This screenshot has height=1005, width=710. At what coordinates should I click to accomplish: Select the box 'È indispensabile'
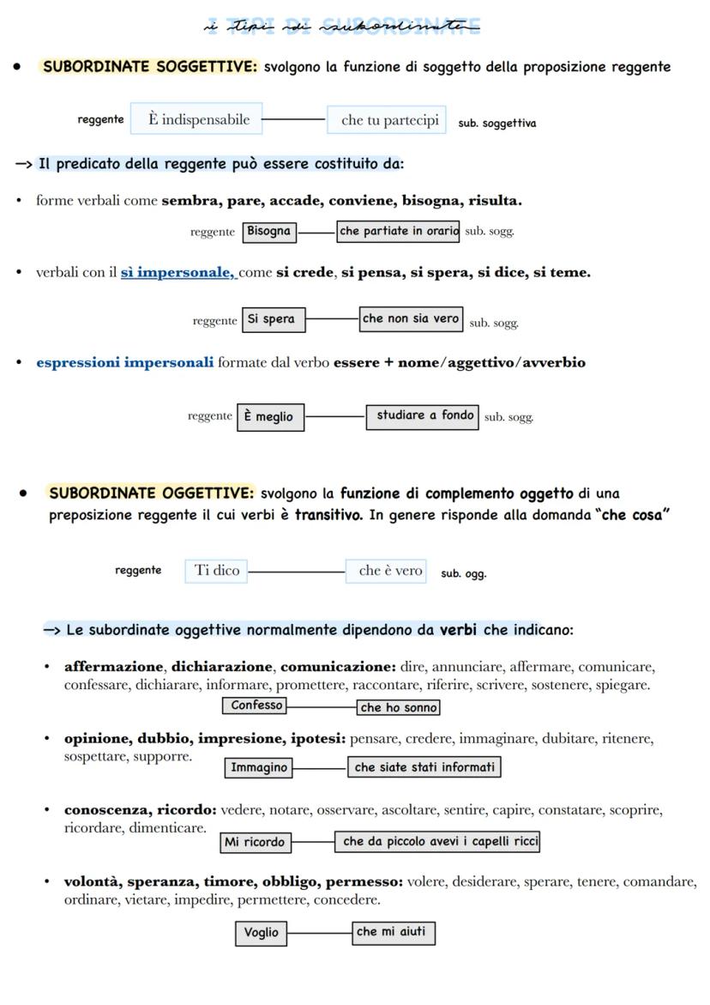(x=197, y=119)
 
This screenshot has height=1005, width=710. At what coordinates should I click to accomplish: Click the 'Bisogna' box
(x=269, y=232)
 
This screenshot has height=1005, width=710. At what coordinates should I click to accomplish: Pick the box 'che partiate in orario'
(x=398, y=232)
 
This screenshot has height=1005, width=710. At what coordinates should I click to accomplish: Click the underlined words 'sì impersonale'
(x=177, y=273)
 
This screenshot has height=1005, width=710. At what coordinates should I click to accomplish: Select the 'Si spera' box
(x=273, y=319)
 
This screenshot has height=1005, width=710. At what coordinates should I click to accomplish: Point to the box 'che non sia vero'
(x=411, y=318)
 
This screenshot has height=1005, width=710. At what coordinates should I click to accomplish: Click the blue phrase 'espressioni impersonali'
(x=124, y=362)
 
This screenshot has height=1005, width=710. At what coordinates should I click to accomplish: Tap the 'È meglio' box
(x=270, y=417)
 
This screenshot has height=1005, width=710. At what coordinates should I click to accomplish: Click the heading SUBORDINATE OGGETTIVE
(x=152, y=493)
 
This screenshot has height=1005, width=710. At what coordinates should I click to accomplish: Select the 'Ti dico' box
(x=216, y=571)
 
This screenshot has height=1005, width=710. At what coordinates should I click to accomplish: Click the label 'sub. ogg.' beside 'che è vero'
(x=463, y=574)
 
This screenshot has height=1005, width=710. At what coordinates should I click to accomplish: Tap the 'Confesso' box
(x=256, y=705)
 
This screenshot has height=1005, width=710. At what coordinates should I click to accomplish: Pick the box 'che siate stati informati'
(x=424, y=767)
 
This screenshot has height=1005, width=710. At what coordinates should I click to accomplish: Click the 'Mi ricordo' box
(x=255, y=843)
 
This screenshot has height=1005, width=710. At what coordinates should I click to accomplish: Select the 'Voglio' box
(x=262, y=933)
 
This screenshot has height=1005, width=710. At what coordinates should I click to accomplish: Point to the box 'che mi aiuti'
(x=392, y=932)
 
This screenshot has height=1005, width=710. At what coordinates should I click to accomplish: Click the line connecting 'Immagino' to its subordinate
(x=320, y=767)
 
